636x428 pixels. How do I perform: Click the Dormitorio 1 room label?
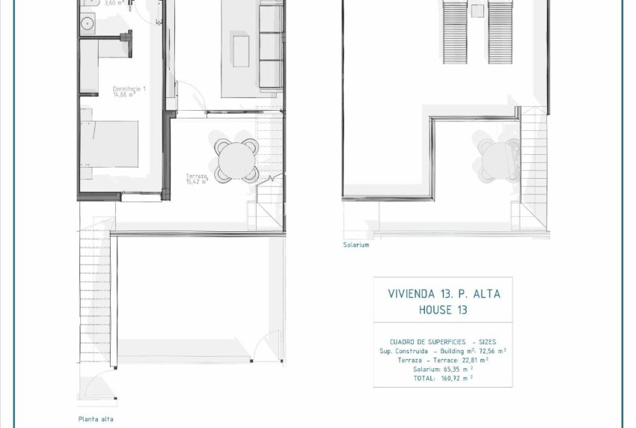pos(129,89)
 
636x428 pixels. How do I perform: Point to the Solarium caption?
pos(356,245)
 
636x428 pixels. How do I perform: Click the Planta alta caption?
pos(95,419)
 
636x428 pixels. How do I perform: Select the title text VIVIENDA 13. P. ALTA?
pos(444,294)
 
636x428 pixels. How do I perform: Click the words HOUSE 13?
pos(444,310)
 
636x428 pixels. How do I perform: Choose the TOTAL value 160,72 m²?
pos(458,379)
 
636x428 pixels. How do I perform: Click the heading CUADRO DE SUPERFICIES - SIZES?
pos(443,342)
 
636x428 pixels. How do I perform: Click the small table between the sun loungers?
pos(477,10)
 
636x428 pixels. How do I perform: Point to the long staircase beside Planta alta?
pos(95,299)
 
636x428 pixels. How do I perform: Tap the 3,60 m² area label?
pos(114,4)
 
